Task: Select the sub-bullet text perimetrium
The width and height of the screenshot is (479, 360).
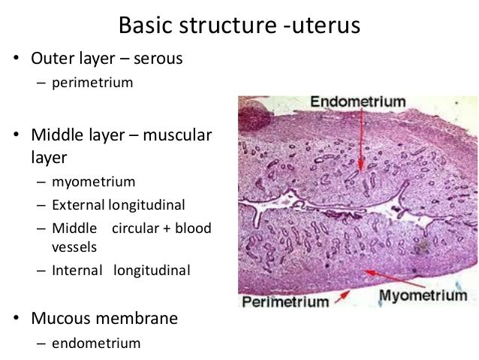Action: tap(92, 83)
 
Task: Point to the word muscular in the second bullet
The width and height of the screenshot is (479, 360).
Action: tap(177, 136)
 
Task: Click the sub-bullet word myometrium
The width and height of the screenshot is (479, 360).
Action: tap(94, 182)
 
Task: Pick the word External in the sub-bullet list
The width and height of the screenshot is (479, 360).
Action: tap(78, 204)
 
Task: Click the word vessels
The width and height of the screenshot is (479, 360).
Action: tap(74, 246)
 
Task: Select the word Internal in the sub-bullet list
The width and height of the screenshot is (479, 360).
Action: tap(77, 270)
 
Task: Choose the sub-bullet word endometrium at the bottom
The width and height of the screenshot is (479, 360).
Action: tap(96, 343)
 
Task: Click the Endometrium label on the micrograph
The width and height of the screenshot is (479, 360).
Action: tap(357, 101)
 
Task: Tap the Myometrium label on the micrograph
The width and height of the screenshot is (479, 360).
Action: tap(422, 295)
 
